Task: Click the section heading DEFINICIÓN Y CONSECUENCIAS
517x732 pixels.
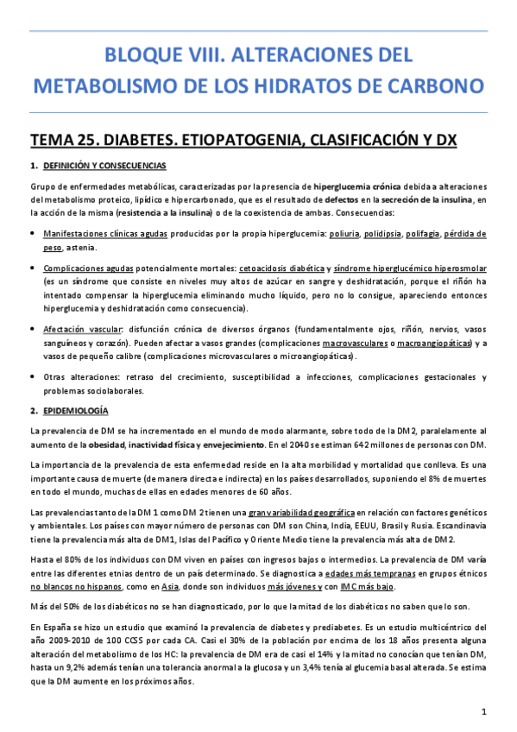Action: (104, 166)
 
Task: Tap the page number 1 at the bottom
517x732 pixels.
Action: (486, 710)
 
